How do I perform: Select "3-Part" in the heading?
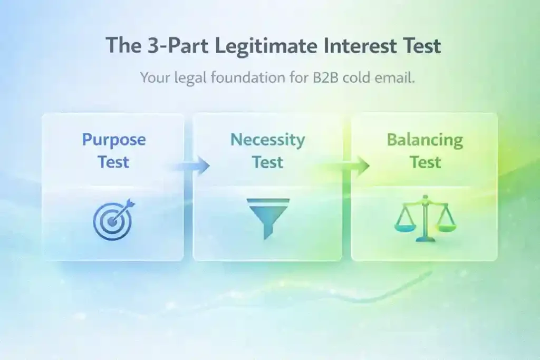[168, 46]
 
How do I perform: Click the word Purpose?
[113, 140]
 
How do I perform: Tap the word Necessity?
[267, 140]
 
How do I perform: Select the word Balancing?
[425, 140]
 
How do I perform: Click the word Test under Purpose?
[113, 162]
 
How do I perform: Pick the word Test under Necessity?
[267, 162]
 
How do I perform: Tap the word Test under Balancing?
[425, 162]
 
